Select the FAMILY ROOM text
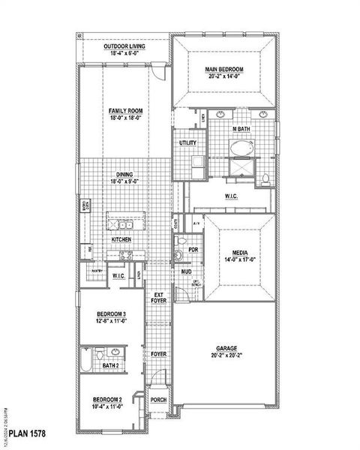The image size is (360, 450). click(x=125, y=111)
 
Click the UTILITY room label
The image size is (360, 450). click(x=187, y=142)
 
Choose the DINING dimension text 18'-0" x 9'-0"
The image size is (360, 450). click(x=125, y=181)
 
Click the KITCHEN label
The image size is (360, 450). click(x=121, y=239)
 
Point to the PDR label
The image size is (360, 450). click(x=193, y=250)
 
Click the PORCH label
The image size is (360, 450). click(x=159, y=400)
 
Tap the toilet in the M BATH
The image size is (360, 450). click(x=265, y=178)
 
